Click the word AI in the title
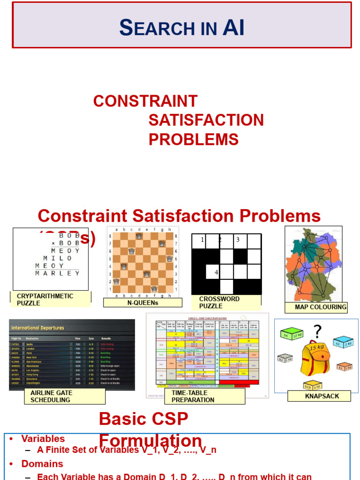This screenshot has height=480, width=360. coord(233,28)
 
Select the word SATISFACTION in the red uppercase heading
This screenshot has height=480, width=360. coord(206,120)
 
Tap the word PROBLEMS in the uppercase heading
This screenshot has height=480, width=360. coord(193,139)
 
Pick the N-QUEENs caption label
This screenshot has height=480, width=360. coord(142,303)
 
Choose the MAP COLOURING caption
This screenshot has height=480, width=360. coord(321,307)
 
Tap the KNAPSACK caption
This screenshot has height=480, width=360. coord(322,396)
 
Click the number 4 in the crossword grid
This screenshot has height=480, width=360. coord(216,272)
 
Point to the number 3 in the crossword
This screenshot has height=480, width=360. coord(238,240)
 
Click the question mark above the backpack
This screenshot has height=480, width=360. coord(318,332)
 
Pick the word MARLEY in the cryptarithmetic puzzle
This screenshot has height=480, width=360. coord(58,273)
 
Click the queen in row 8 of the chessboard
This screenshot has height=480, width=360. coord(139,236)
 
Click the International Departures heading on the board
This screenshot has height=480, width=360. coord(37,328)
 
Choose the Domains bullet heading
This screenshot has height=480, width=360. coord(42,464)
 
